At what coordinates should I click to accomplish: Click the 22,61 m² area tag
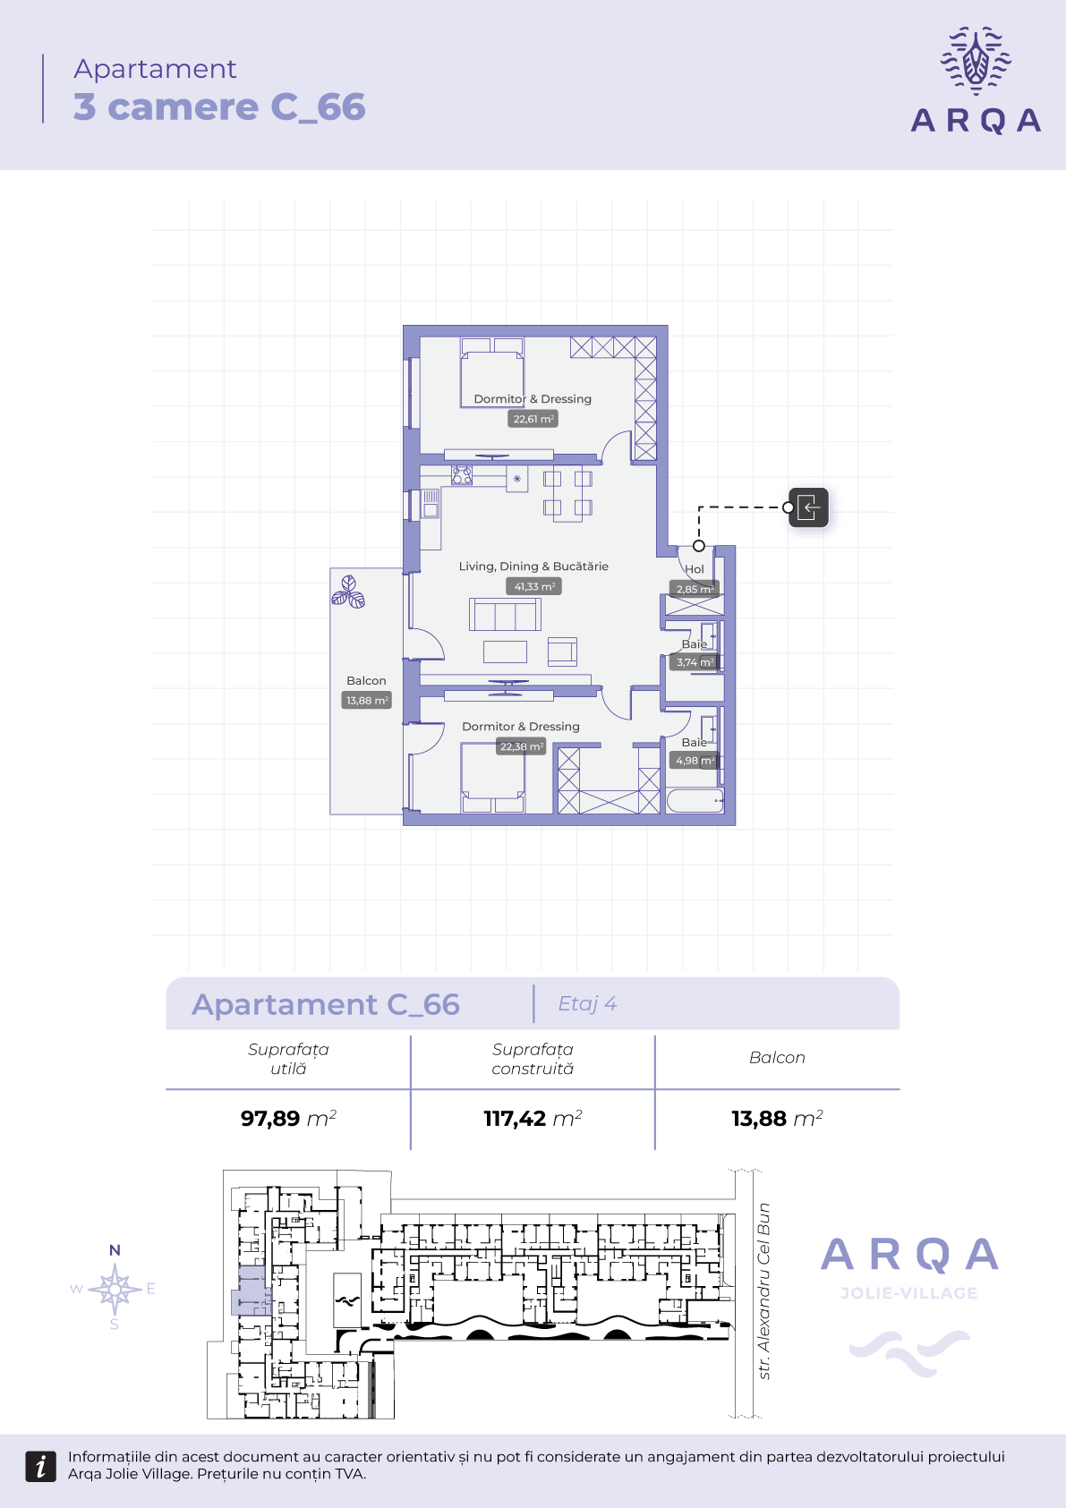533,419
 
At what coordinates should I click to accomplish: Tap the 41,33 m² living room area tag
534,586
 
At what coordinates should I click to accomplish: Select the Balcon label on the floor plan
366,681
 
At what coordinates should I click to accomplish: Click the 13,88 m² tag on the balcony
367,700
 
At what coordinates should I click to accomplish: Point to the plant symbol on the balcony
348,592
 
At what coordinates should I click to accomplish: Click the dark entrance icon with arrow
809,507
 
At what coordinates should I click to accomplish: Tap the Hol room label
695,569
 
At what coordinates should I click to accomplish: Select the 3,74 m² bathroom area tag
695,661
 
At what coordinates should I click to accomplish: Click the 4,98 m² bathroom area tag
695,760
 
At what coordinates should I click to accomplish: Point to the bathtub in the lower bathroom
695,801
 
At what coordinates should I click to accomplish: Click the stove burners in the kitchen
462,475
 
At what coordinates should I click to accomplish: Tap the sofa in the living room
505,614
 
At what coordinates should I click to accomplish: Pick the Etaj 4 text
587,1004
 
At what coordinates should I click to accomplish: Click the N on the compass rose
115,1250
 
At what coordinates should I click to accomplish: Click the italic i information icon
40,1466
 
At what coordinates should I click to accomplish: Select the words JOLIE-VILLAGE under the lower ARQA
909,1292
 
